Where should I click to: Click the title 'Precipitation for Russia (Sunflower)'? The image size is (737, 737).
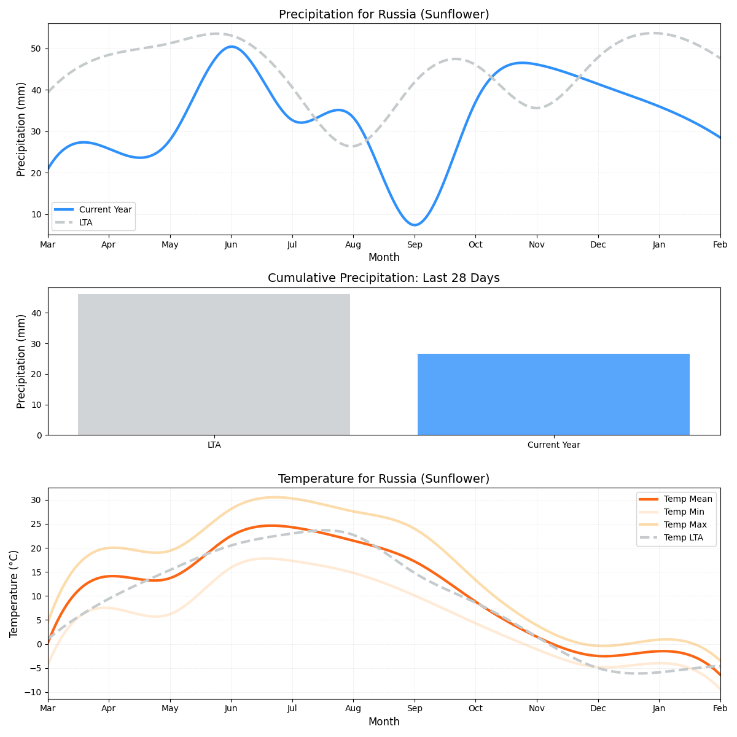[x=384, y=14]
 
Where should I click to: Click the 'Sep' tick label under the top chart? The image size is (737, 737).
[x=415, y=244]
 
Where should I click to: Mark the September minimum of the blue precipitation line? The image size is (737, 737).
[x=415, y=225]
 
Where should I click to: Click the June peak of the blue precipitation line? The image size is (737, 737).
[x=231, y=47]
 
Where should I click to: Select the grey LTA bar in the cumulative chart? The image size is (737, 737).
[x=214, y=364]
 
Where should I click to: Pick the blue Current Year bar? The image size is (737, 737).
[x=553, y=394]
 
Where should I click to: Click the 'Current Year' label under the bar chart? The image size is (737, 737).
[x=553, y=445]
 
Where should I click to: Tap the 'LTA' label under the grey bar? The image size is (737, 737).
[x=214, y=445]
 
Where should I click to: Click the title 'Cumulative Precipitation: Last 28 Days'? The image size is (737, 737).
[x=384, y=278]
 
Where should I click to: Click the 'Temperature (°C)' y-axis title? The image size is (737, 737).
[x=14, y=593]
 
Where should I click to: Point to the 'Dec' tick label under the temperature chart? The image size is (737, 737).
[x=598, y=708]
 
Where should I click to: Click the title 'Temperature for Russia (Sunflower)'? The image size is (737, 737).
[x=384, y=478]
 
